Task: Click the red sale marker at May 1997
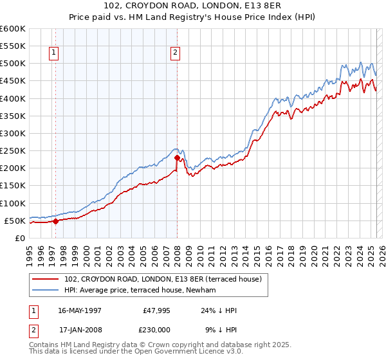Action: (55, 221)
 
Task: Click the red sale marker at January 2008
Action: (177, 157)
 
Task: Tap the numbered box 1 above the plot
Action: (53, 53)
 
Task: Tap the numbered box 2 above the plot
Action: (175, 53)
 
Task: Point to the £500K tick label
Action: (13, 64)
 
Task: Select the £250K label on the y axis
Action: (13, 151)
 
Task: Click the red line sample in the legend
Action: (46, 280)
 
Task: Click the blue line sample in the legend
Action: (46, 291)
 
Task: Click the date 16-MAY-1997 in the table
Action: (80, 310)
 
